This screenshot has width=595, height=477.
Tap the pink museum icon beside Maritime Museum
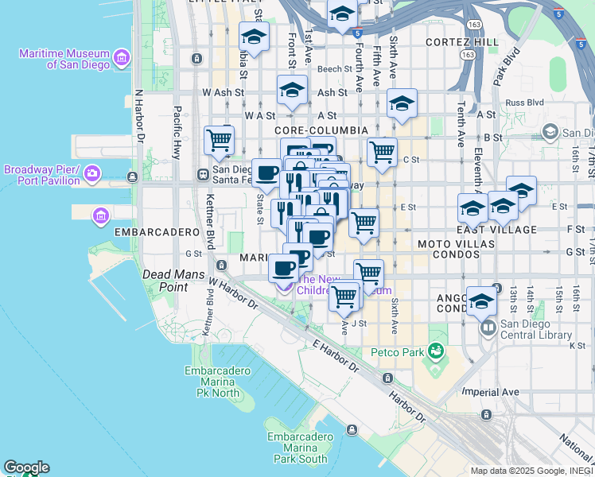pos(122,57)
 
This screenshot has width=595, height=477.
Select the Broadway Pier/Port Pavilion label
pos(43,175)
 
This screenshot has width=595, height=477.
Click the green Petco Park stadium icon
pos(435,350)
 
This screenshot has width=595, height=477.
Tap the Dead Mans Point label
pos(169,280)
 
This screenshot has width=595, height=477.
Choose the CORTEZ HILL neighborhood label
pos(462,41)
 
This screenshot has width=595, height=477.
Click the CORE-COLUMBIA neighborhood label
pos(321,130)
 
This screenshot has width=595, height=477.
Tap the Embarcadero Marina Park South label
pos(297,448)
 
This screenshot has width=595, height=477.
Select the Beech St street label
pos(329,69)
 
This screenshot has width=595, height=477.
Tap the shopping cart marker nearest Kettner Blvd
pos(219,141)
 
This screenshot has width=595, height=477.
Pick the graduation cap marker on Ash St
pos(292,89)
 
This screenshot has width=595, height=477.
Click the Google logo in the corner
pos(26,467)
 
